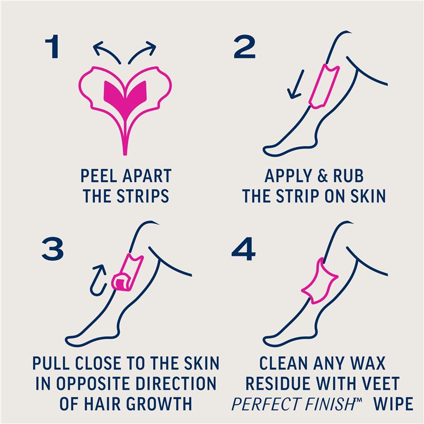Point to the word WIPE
pos(393,404)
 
